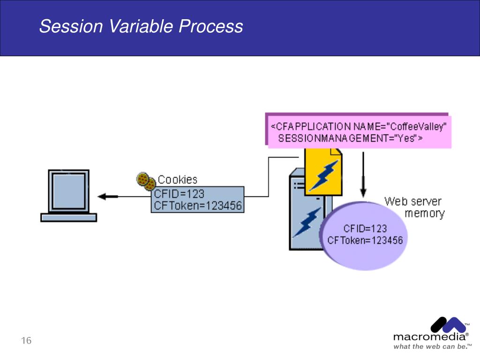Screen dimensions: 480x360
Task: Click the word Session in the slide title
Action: point(71,26)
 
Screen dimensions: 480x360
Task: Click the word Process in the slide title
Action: point(211,26)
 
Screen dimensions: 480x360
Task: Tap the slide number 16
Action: point(26,340)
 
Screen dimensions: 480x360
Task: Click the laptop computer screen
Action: point(69,191)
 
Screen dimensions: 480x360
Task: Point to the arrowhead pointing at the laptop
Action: point(104,196)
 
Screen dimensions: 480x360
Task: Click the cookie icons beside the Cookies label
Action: point(146,181)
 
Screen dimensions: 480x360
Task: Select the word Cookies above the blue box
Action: point(178,180)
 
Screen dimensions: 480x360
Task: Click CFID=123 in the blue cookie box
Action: point(179,194)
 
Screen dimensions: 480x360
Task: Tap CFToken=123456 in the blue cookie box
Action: point(198,205)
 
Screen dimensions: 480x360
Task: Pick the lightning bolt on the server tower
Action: point(307,222)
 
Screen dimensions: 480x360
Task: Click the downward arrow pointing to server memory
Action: point(363,174)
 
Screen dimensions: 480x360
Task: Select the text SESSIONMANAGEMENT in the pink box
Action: point(333,138)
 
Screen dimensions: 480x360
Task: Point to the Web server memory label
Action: point(414,208)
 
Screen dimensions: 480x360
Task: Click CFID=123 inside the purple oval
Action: point(365,229)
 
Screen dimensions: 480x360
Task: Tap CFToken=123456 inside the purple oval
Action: point(365,240)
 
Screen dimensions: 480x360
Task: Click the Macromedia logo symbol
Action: point(448,325)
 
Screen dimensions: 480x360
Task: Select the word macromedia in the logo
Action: point(429,337)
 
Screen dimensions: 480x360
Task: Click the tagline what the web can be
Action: point(431,346)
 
